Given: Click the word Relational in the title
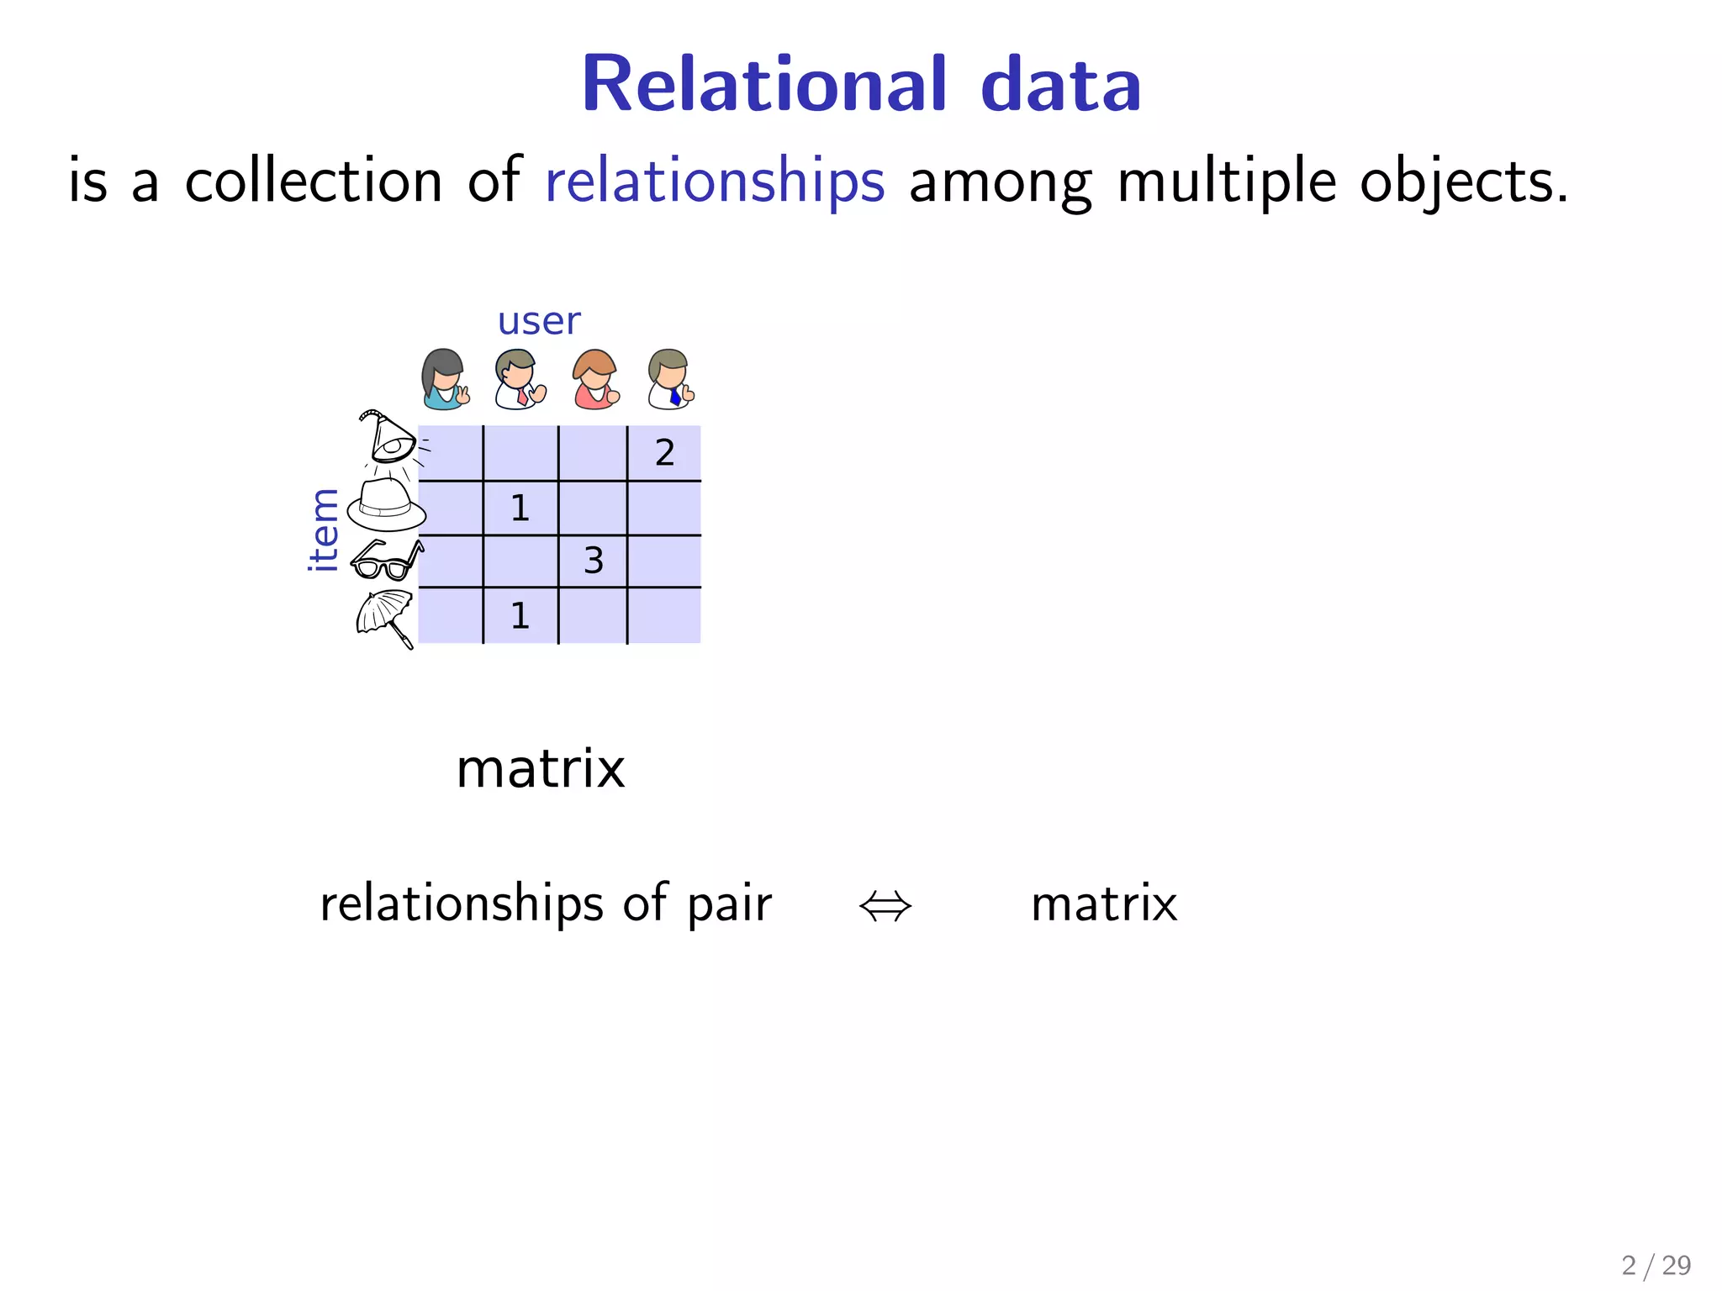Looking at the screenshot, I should click(763, 84).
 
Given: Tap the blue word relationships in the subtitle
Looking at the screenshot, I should click(715, 181).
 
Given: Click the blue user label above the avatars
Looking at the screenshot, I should click(538, 321).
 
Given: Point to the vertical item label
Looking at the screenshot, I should click(324, 530).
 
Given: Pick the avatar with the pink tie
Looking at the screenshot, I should click(519, 379).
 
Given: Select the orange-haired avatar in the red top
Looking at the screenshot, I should click(594, 379).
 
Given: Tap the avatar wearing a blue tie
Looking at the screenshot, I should click(671, 379).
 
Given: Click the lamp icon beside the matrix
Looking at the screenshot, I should click(389, 439).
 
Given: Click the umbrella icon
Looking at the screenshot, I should click(385, 617).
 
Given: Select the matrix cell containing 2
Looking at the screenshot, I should click(664, 453).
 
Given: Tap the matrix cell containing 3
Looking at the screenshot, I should click(593, 561).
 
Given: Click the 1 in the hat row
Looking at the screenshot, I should click(520, 508).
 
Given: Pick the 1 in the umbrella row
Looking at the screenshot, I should click(520, 616).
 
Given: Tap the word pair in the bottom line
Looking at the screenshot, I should click(729, 906).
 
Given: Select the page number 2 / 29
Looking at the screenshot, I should click(1656, 1265).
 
